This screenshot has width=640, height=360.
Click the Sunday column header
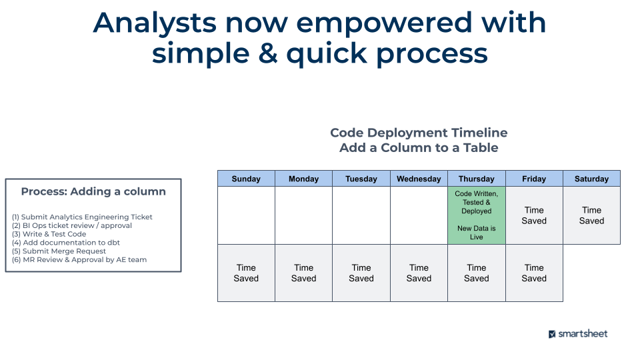(x=246, y=179)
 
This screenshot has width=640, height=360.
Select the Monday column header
(x=303, y=179)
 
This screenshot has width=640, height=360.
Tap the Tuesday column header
(x=361, y=179)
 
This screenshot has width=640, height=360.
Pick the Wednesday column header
(x=419, y=179)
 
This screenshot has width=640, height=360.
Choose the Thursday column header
(x=477, y=179)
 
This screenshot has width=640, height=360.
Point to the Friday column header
(x=534, y=179)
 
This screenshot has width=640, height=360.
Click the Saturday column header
(x=591, y=179)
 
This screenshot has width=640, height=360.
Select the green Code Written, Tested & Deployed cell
(x=477, y=215)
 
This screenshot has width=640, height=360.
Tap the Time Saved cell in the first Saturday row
(x=591, y=215)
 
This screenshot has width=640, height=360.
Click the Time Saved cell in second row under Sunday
(x=246, y=273)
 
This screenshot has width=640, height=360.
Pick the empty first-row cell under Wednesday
(x=419, y=215)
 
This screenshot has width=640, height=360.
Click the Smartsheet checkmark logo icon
(x=552, y=334)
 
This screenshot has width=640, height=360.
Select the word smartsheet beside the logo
(x=583, y=333)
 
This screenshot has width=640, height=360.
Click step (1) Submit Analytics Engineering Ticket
(x=82, y=217)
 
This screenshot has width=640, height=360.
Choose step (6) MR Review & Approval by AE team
(x=79, y=260)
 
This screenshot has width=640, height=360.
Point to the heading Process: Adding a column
(x=93, y=191)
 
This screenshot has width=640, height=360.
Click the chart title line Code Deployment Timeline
(x=419, y=133)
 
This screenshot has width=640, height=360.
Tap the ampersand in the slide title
(x=268, y=53)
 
